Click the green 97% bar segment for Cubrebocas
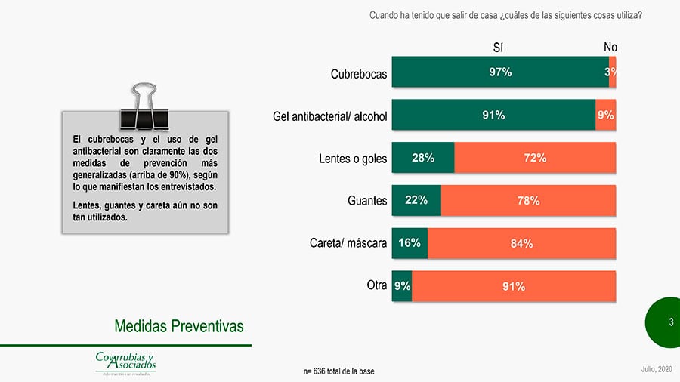pyautogui.click(x=499, y=72)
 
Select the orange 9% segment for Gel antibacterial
pyautogui.click(x=605, y=116)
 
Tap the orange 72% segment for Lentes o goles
pyautogui.click(x=535, y=158)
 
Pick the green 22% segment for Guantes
pyautogui.click(x=416, y=200)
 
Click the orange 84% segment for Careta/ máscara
pyautogui.click(x=521, y=243)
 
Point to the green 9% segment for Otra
pyautogui.click(x=402, y=286)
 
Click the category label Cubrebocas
pyautogui.click(x=358, y=74)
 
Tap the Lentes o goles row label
pyautogui.click(x=353, y=159)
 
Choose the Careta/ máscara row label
pyautogui.click(x=348, y=244)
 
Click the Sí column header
pyautogui.click(x=498, y=47)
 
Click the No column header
pyautogui.click(x=610, y=47)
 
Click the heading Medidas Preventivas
pyautogui.click(x=179, y=326)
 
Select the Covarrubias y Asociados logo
pyautogui.click(x=125, y=363)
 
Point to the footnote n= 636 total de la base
pyautogui.click(x=338, y=371)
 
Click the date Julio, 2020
pyautogui.click(x=650, y=368)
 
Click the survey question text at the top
pyautogui.click(x=506, y=15)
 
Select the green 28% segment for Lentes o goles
pyautogui.click(x=423, y=158)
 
